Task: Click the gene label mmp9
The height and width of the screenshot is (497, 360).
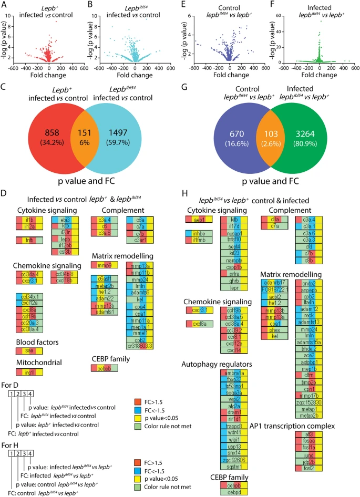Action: pos(109,264)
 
